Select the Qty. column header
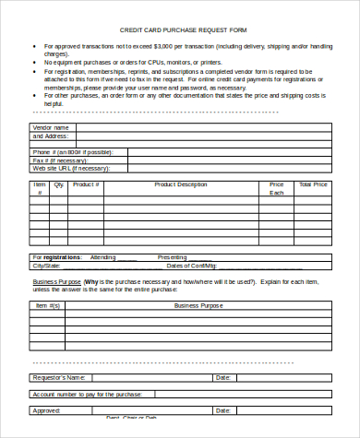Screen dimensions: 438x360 click(60, 184)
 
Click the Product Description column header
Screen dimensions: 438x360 click(181, 184)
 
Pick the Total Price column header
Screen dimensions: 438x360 click(313, 184)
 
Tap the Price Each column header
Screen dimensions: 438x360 click(277, 189)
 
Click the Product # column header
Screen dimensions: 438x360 click(86, 184)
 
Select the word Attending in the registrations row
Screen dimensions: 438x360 click(102, 256)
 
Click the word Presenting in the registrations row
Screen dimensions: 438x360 click(172, 256)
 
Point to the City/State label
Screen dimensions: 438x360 click(47, 265)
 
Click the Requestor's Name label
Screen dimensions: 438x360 click(59, 378)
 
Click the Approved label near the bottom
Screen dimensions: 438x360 click(46, 409)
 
